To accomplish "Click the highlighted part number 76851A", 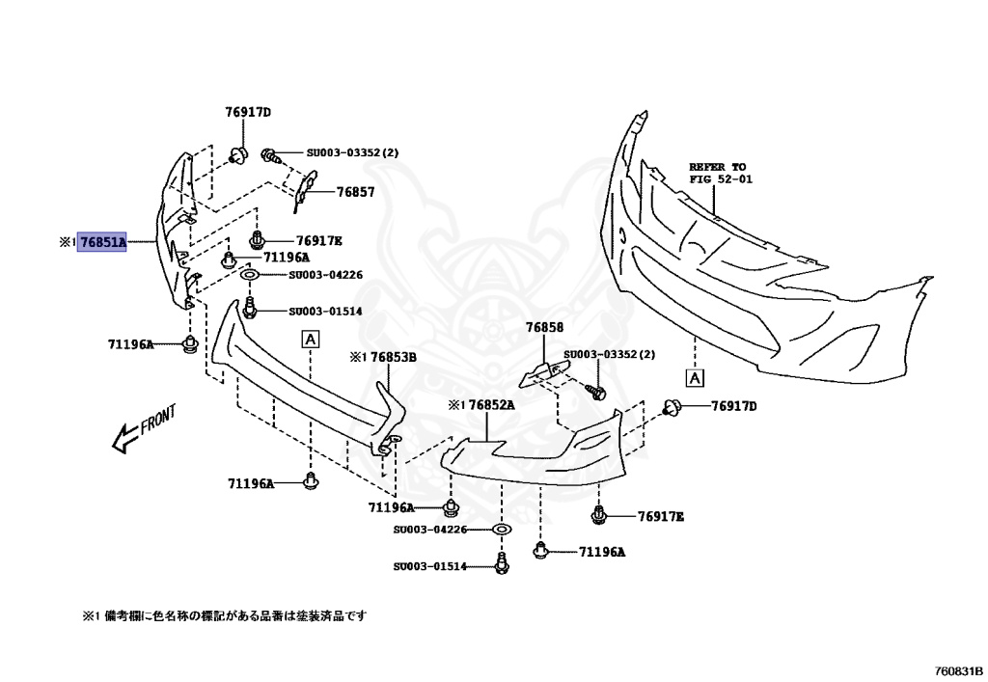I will (103, 242).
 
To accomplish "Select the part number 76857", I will (355, 193).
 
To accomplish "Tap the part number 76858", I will (544, 328).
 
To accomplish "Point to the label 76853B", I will (394, 357).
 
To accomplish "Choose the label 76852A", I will (492, 405).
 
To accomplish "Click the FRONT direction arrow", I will (144, 428).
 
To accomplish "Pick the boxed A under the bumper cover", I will (695, 376).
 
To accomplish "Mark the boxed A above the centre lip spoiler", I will (311, 338).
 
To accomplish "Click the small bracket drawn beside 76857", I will (305, 190).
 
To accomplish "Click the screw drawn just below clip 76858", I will (595, 392).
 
